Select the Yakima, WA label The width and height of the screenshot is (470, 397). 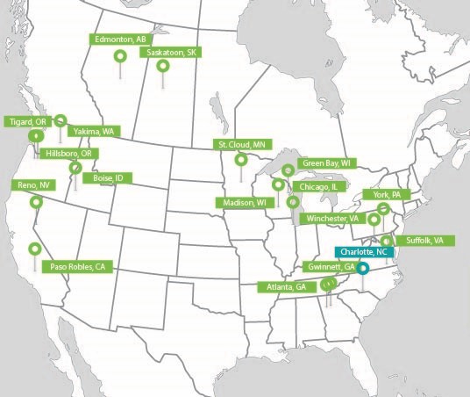(x=94, y=131)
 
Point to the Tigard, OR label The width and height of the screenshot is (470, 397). (x=25, y=121)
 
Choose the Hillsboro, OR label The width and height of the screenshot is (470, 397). (x=68, y=153)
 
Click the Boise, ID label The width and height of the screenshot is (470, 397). (x=109, y=178)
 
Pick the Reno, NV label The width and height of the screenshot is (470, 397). (x=33, y=185)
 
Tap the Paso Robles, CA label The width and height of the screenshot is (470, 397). (x=77, y=265)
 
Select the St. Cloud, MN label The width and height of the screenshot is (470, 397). (x=242, y=144)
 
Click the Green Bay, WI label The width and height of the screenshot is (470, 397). (x=326, y=163)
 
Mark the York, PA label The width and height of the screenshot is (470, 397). (x=387, y=194)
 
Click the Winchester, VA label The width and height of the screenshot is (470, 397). (x=331, y=218)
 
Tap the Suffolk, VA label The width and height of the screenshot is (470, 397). (x=425, y=240)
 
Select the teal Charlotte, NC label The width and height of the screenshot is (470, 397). (x=361, y=253)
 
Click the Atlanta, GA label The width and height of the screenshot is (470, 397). (x=288, y=287)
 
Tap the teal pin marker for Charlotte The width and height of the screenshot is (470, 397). (x=363, y=271)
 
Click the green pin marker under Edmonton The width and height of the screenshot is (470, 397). (x=120, y=57)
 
